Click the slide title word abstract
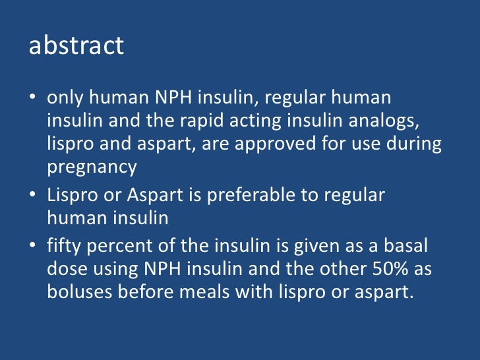[x=76, y=45]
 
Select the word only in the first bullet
[x=63, y=98]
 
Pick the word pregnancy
[x=92, y=167]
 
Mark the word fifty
[x=63, y=246]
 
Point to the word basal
[x=411, y=246]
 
